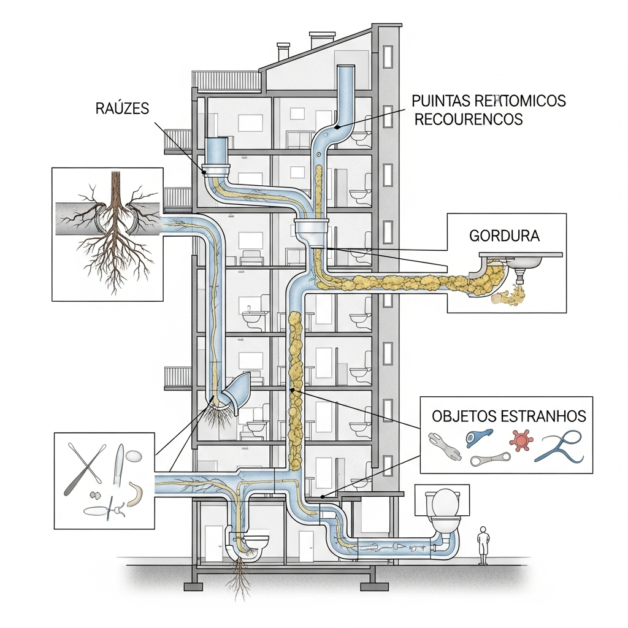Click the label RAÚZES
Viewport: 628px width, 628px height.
click(123, 109)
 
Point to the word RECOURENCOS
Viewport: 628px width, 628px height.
click(469, 119)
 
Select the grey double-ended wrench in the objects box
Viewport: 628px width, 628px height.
click(490, 459)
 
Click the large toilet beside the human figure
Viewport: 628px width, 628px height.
click(443, 512)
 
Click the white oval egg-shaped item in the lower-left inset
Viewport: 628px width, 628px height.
click(135, 457)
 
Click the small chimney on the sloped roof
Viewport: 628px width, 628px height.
click(283, 52)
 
